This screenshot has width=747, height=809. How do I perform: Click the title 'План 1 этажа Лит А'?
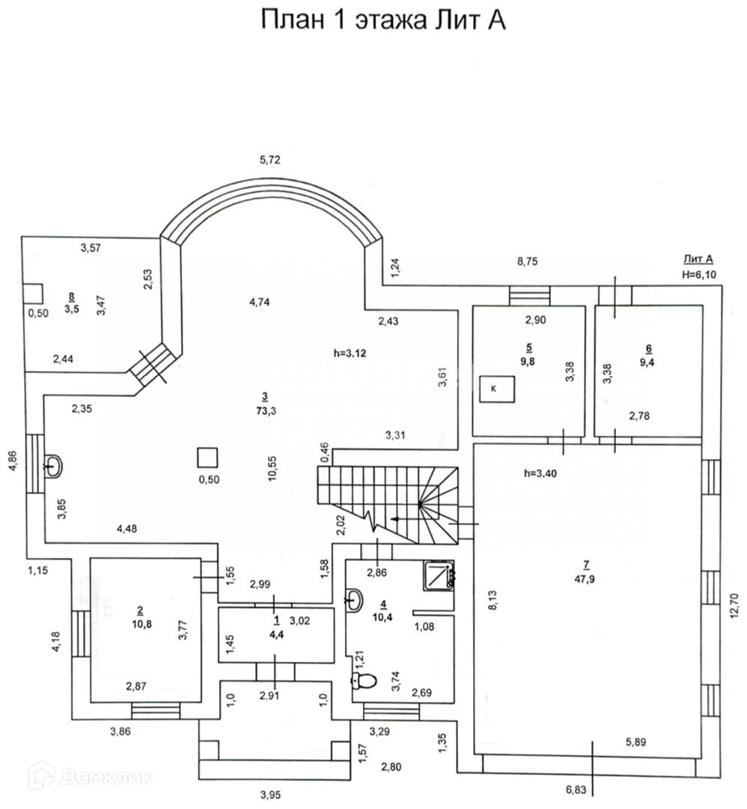(x=383, y=20)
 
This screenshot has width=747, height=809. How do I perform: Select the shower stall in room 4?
(x=439, y=575)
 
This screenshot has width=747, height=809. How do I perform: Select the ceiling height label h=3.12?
(x=350, y=352)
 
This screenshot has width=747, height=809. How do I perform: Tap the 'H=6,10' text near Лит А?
(x=699, y=274)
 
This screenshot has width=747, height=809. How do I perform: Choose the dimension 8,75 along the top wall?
(x=528, y=261)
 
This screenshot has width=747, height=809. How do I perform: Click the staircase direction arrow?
(x=403, y=518)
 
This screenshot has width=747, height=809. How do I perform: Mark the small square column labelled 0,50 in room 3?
(x=207, y=457)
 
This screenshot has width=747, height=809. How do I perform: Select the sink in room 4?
(x=355, y=599)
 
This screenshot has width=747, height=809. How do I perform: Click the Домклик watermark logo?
(x=90, y=777)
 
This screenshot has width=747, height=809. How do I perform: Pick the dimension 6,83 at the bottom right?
(x=576, y=790)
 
